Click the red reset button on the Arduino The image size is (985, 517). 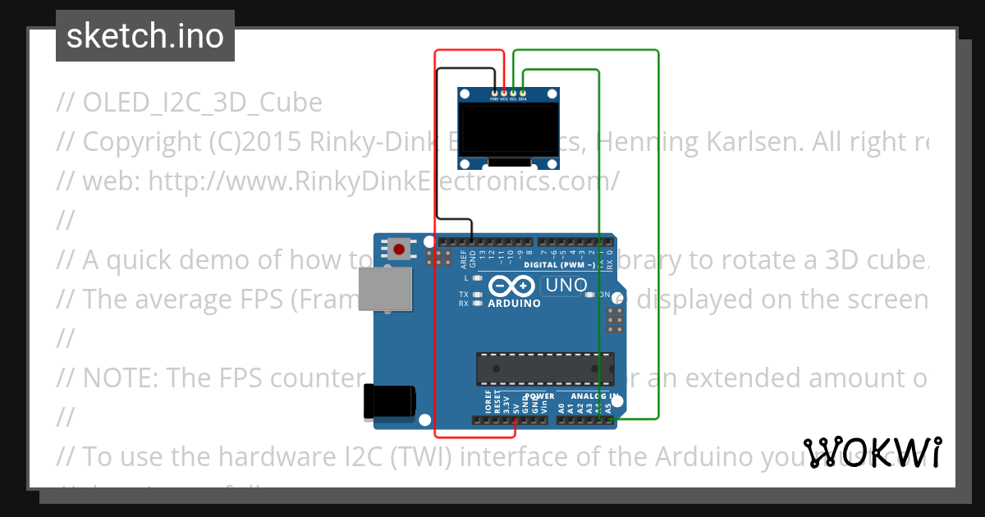[400, 248]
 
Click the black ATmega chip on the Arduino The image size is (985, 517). [545, 368]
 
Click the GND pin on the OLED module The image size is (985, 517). [494, 93]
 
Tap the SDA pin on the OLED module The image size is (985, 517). [523, 93]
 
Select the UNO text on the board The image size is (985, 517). [566, 286]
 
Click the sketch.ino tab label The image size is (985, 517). [145, 36]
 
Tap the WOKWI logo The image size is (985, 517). [872, 453]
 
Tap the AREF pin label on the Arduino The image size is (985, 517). [464, 259]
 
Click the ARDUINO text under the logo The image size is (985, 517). [515, 303]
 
